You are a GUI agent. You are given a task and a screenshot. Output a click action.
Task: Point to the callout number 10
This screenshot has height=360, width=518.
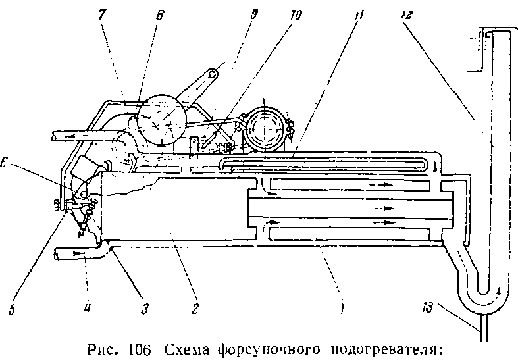point(295,14)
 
